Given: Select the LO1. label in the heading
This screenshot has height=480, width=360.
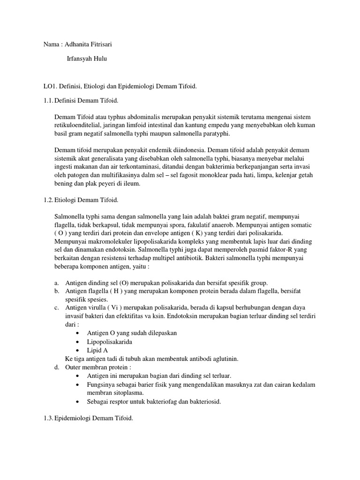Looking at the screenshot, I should (49, 87).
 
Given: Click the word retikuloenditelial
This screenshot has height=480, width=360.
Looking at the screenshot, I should (77, 125).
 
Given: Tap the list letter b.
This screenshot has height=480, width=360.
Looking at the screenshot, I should (56, 292).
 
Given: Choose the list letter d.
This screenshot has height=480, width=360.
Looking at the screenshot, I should (56, 367).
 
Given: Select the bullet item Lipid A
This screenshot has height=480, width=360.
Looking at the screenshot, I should (97, 350).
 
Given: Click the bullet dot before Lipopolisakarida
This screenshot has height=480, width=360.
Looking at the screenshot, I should (77, 342).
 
